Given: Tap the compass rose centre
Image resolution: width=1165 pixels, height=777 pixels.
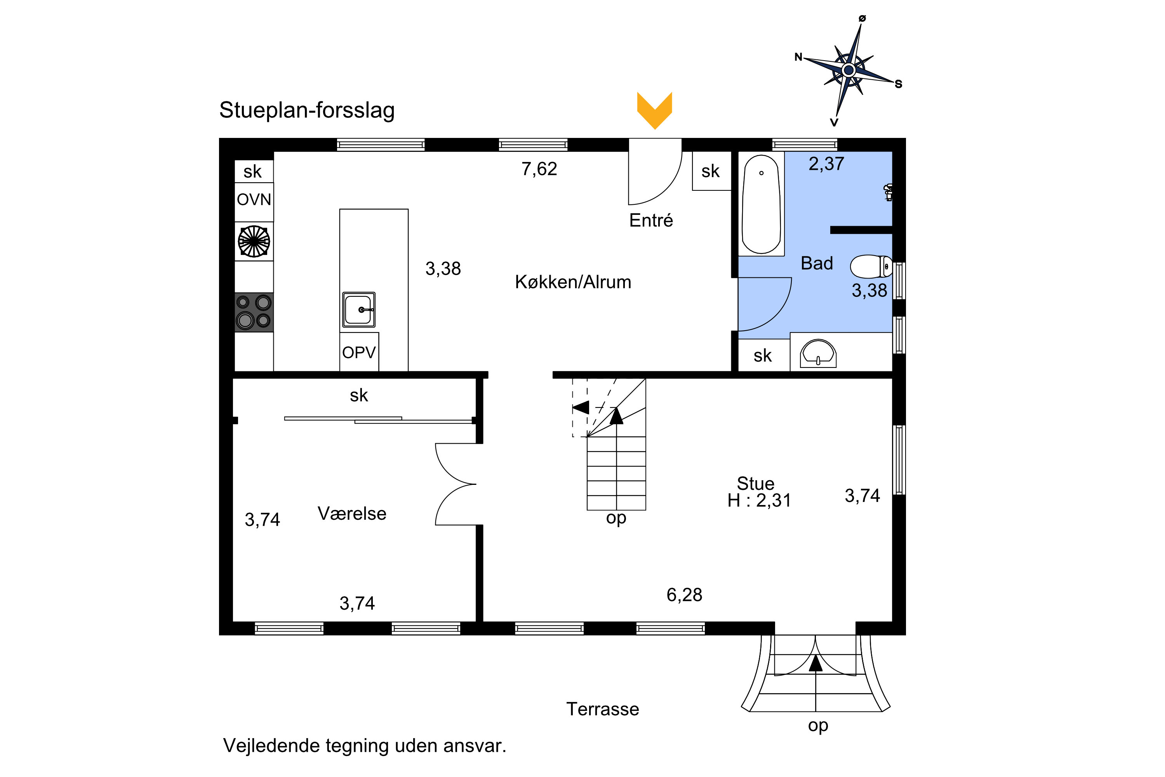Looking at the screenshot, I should (849, 70).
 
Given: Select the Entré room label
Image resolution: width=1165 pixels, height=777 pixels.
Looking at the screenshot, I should (651, 220).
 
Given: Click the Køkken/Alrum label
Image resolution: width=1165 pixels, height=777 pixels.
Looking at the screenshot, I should (573, 282).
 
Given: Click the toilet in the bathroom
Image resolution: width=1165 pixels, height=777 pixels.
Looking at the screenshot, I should (870, 267).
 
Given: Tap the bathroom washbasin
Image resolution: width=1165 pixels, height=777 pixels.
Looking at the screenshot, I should (818, 353).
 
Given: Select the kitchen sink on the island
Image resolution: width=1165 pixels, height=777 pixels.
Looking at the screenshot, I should (358, 310).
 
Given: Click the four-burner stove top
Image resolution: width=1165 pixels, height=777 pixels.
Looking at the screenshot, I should (254, 312).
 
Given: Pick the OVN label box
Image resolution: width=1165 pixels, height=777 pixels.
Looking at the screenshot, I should (254, 200).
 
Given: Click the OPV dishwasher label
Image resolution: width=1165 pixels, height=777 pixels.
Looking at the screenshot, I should (358, 352).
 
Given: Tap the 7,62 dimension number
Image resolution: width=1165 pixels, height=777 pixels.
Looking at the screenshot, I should (539, 169).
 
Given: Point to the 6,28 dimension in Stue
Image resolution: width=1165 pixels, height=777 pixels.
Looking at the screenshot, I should (684, 595).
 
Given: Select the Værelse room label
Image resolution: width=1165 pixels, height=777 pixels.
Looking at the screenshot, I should (352, 513).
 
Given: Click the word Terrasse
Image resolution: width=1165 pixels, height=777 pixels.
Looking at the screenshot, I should (602, 709).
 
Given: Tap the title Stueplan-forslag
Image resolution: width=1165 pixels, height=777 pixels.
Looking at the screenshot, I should (307, 110).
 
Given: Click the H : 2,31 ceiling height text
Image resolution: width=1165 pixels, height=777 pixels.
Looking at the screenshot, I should (759, 500).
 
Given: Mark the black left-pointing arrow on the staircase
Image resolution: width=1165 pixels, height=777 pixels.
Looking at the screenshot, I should (581, 407).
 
